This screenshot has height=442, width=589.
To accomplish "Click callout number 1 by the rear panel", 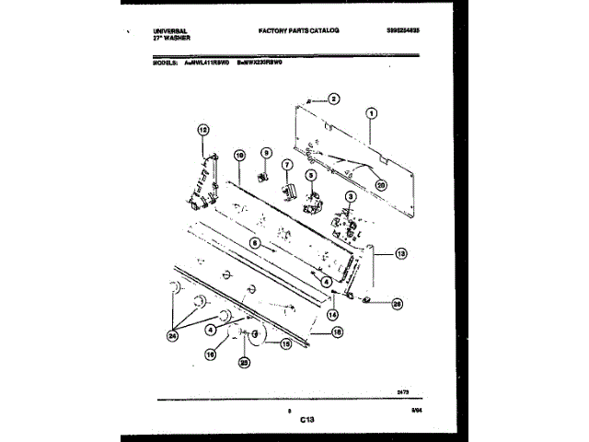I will (x=371, y=115).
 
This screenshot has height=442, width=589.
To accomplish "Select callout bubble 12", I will (x=203, y=131).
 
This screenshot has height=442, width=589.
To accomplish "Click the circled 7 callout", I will (x=286, y=166).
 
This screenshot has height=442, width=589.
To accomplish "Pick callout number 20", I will (x=382, y=182).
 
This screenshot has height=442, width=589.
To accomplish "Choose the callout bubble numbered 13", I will (x=399, y=253).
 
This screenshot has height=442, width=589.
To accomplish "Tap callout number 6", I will (x=255, y=243).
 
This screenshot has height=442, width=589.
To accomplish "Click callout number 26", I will (x=397, y=302).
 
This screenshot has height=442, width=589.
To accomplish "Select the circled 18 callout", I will (x=337, y=331).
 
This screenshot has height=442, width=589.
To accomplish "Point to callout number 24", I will (x=172, y=337).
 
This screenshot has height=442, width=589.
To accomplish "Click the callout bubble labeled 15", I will (x=286, y=343).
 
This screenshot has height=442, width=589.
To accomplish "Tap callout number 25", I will (x=244, y=362).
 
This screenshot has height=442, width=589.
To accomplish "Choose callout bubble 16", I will (x=210, y=352).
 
